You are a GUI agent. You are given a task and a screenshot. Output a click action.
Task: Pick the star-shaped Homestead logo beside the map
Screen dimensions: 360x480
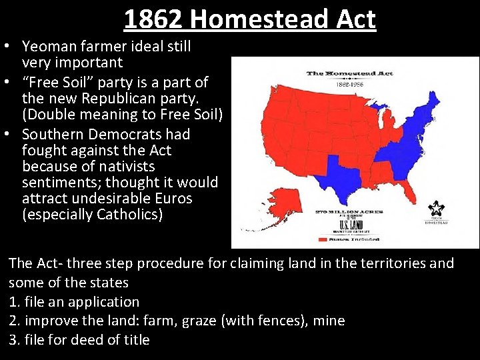(x=438, y=209)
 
